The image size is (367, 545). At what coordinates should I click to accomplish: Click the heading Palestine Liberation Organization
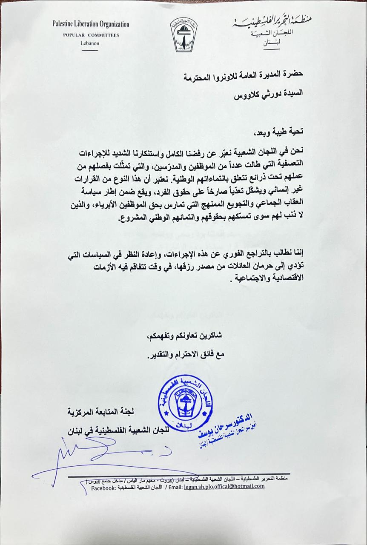(x=91, y=25)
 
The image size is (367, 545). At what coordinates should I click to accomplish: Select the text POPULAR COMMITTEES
(x=91, y=35)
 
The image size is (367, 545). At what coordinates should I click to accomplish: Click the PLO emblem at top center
(x=183, y=34)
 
